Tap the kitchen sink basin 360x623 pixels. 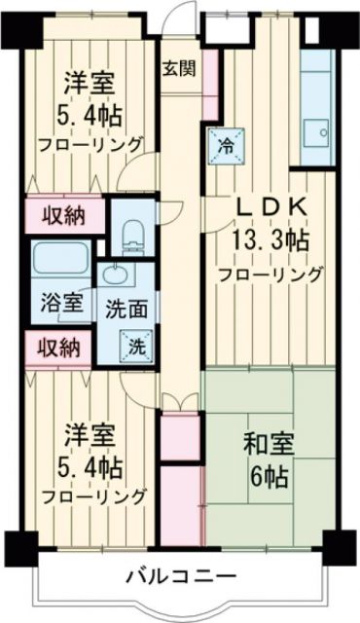(316, 130)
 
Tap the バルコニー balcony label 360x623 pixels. (180, 576)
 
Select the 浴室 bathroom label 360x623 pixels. (61, 303)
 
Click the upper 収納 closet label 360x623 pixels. (61, 216)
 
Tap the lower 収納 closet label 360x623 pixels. (58, 347)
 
